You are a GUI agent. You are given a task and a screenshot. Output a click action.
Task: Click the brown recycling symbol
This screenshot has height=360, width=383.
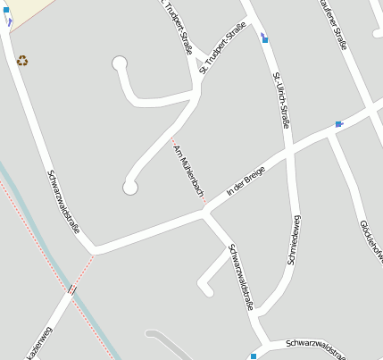pyautogui.click(x=22, y=61)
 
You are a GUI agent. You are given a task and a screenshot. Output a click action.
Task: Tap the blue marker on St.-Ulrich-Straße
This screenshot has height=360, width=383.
pyautogui.click(x=265, y=38)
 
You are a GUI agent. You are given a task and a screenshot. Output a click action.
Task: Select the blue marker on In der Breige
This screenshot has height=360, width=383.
pyautogui.click(x=338, y=124)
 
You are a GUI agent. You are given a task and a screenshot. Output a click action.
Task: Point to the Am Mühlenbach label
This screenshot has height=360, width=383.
pyautogui.click(x=188, y=170)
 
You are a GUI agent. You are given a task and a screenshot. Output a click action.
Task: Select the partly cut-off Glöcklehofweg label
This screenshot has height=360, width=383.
pyautogui.click(x=371, y=241)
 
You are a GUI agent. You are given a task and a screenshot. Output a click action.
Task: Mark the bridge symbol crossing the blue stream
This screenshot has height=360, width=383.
pyautogui.click(x=71, y=290)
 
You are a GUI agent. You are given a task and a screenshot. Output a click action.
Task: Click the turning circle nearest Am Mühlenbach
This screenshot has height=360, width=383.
pyautogui.click(x=130, y=187)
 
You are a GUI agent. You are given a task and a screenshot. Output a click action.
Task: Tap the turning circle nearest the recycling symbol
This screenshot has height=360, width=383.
pyautogui.click(x=120, y=63)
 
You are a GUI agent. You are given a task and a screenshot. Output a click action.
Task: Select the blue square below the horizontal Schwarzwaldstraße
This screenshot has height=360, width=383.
pyautogui.click(x=254, y=356)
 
